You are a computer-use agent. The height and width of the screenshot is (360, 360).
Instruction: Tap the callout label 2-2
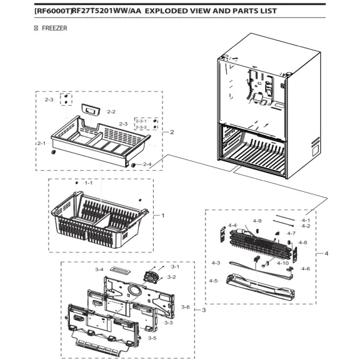pyautogui.click(x=111, y=112)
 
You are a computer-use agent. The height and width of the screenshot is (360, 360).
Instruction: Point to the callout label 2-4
pyautogui.click(x=147, y=164)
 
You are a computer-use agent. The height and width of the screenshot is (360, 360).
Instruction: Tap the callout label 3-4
pyautogui.click(x=99, y=269)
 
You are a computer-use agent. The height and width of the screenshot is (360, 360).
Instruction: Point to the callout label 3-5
pyautogui.click(x=152, y=338)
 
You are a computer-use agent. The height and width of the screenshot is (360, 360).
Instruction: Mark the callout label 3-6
pyautogui.click(x=185, y=307)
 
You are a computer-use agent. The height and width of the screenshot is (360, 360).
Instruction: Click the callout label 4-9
pyautogui.click(x=257, y=221)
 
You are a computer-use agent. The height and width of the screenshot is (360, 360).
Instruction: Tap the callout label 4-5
pyautogui.click(x=214, y=280)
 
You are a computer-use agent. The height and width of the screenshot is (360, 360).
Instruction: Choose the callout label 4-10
pyautogui.click(x=282, y=263)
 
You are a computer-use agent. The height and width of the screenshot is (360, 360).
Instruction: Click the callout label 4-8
pyautogui.click(x=303, y=242)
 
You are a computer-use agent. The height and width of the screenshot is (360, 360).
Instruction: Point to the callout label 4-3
pyautogui.click(x=216, y=263)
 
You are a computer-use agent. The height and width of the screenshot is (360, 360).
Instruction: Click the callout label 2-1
pyautogui.click(x=41, y=143)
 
